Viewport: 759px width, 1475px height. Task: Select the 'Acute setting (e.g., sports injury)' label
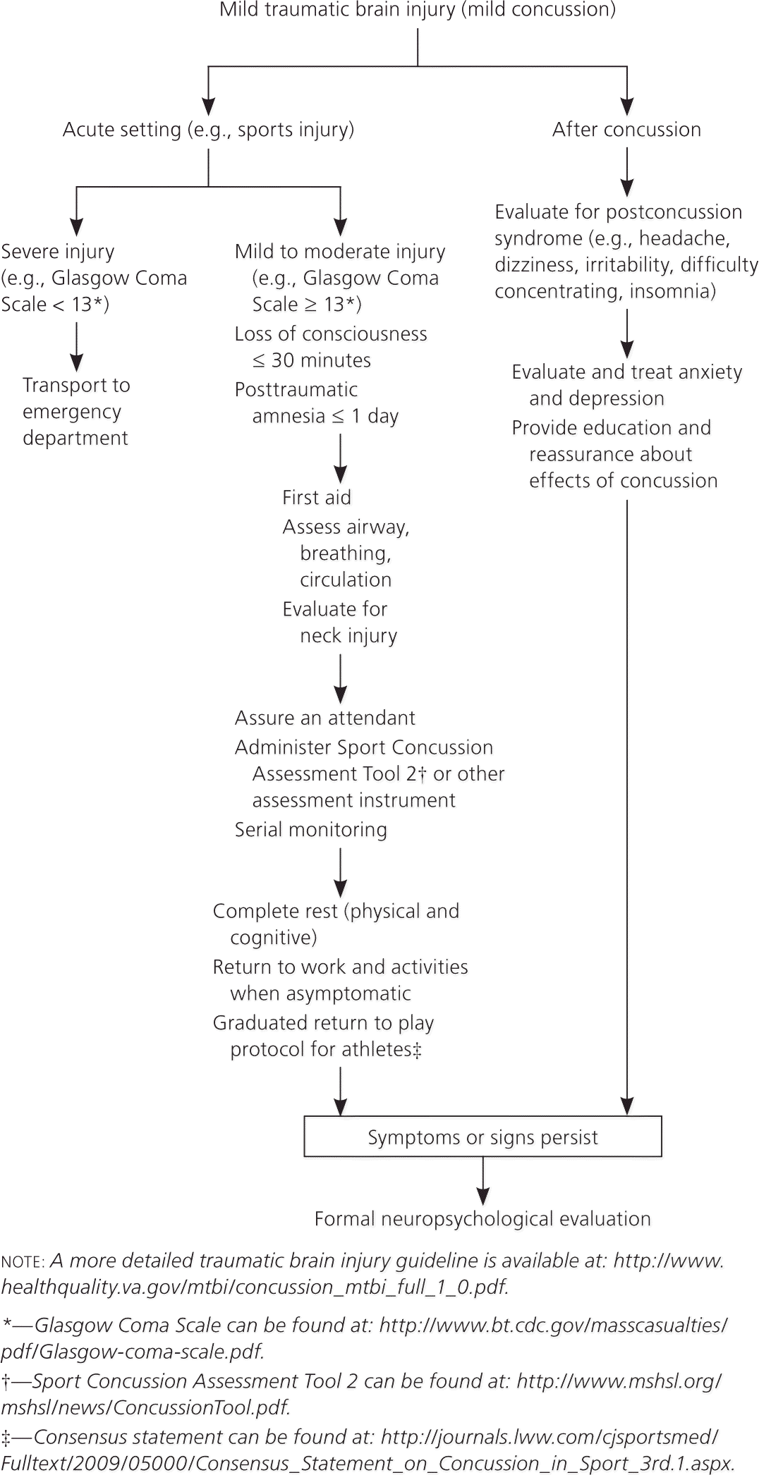pyautogui.click(x=208, y=130)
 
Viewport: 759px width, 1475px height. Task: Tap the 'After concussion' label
pyautogui.click(x=626, y=130)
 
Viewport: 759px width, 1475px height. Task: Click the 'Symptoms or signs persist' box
pyautogui.click(x=482, y=1137)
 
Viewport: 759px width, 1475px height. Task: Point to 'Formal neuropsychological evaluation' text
pyautogui.click(x=482, y=1219)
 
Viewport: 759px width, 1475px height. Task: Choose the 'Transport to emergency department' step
pyautogui.click(x=76, y=412)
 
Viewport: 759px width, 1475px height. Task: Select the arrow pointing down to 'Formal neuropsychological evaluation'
pyautogui.click(x=482, y=1181)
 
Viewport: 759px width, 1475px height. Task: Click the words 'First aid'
pyautogui.click(x=317, y=498)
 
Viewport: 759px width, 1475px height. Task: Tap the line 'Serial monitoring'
pyautogui.click(x=311, y=830)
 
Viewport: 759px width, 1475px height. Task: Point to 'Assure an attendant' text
pyautogui.click(x=325, y=718)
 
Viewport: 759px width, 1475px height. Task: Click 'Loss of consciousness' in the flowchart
pyautogui.click(x=331, y=334)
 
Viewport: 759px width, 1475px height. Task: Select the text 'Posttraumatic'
pyautogui.click(x=296, y=390)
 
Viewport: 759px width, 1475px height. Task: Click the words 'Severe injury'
pyautogui.click(x=58, y=252)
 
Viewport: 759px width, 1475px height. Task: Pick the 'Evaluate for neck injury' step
pyautogui.click(x=339, y=623)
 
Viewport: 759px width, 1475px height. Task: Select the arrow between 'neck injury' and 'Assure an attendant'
pyautogui.click(x=341, y=678)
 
